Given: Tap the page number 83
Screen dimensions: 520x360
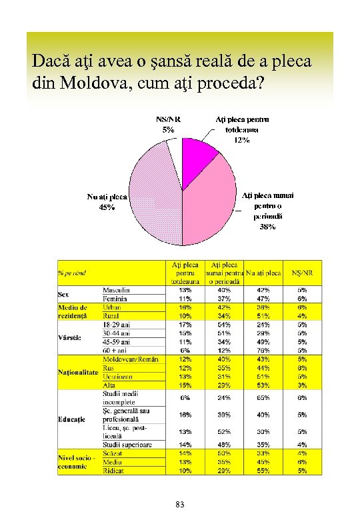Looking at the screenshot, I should click(180, 505).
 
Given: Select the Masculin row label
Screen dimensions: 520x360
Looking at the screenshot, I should click(117, 290).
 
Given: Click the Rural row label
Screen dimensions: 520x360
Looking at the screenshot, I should click(111, 315).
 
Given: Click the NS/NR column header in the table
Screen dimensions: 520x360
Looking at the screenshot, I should click(303, 273).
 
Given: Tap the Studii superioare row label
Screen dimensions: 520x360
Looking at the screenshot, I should click(127, 444).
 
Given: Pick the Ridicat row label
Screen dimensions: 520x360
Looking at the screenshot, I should click(113, 470).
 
